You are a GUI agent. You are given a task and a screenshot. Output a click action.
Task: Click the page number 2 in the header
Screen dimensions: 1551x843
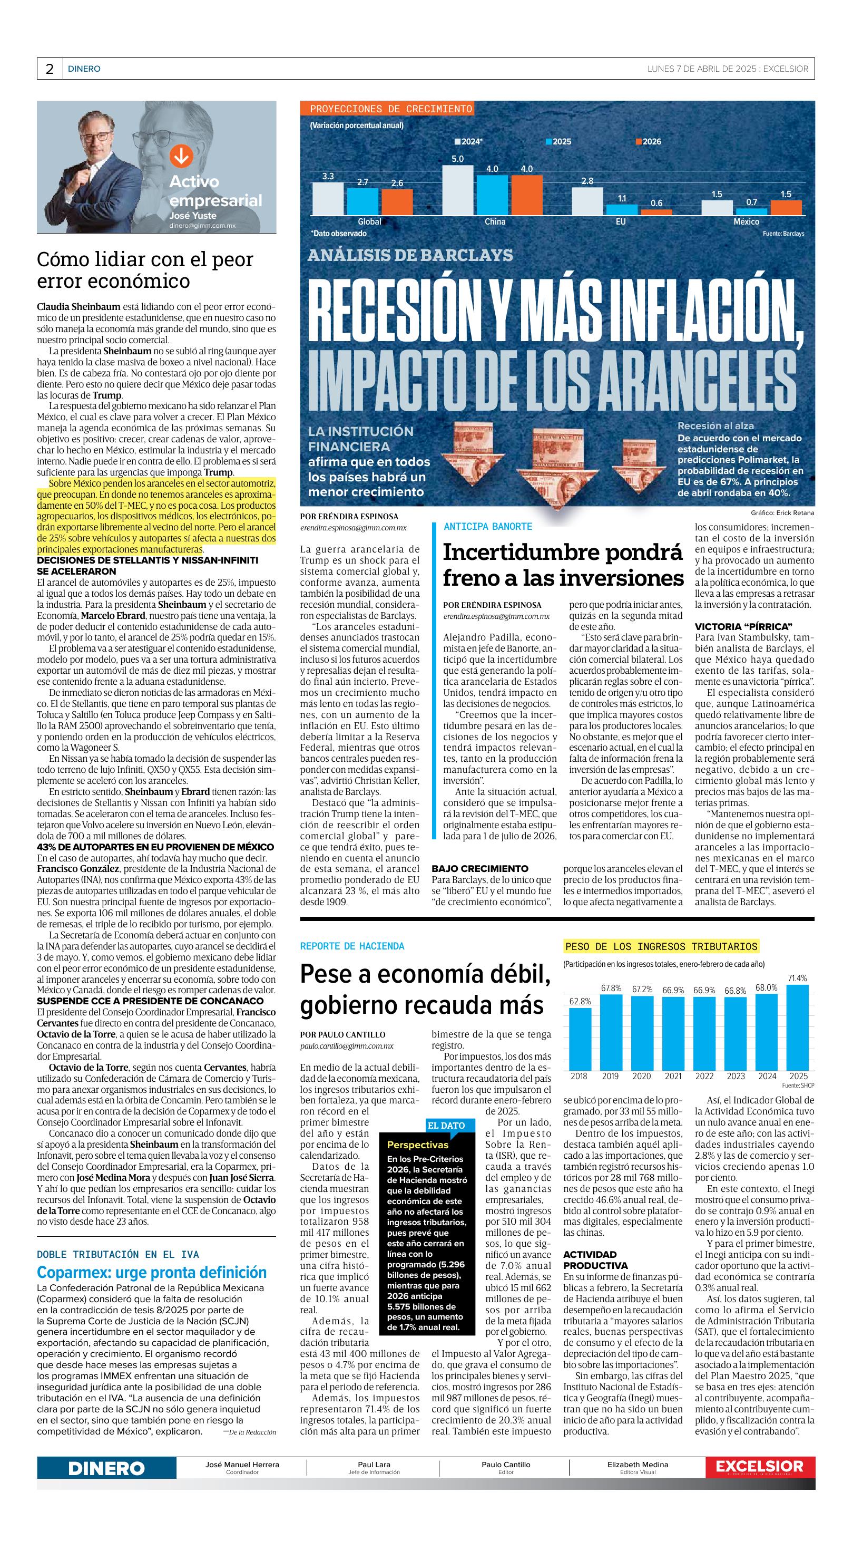click(50, 69)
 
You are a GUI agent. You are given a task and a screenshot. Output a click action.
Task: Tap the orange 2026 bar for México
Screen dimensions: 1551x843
click(786, 208)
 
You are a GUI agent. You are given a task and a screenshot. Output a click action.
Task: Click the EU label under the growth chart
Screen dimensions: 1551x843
click(620, 221)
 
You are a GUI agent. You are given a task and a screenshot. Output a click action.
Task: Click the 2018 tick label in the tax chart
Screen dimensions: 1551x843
click(580, 1076)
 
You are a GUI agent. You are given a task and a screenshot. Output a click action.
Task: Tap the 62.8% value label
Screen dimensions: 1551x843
click(580, 1001)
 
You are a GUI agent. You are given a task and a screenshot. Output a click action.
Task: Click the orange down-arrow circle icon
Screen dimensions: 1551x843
click(181, 156)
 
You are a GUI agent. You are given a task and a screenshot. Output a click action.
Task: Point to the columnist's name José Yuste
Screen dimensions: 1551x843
click(192, 216)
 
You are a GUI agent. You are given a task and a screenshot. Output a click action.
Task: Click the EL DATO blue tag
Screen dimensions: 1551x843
click(445, 1126)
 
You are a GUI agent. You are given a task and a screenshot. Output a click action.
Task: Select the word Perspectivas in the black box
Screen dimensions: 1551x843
click(418, 1145)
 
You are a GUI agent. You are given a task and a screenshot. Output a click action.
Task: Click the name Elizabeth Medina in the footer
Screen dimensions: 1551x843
click(637, 1465)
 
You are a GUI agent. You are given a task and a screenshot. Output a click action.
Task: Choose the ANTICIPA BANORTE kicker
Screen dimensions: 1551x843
click(488, 526)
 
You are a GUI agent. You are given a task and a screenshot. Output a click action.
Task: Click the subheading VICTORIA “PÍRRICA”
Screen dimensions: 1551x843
click(743, 626)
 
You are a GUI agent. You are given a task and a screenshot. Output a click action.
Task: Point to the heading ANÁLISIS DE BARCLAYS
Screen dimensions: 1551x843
click(410, 255)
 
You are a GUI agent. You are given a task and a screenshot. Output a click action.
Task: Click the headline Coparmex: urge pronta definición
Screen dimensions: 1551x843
click(152, 1272)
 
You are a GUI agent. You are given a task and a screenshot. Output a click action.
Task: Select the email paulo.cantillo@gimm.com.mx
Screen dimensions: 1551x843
click(347, 1046)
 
